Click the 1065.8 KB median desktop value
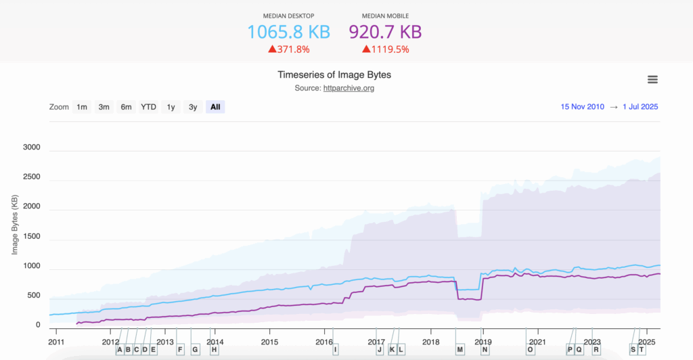[x=288, y=32]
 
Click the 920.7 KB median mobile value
[x=385, y=32]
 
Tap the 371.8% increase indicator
[x=289, y=49]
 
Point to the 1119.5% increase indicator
[x=386, y=49]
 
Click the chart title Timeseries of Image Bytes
[x=334, y=74]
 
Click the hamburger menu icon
[x=652, y=80]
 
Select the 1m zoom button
[x=82, y=107]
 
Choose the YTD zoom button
[x=148, y=107]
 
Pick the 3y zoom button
[x=193, y=107]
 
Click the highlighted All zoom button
[x=215, y=107]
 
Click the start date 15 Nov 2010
[x=583, y=107]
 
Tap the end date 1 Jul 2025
[x=640, y=107]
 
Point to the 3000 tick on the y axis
[x=32, y=148]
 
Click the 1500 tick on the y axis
[x=32, y=240]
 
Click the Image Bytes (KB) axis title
[x=14, y=225]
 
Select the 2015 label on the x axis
[x=269, y=342]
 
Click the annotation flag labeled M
[x=460, y=349]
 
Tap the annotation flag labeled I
[x=335, y=349]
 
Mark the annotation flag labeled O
[x=530, y=349]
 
